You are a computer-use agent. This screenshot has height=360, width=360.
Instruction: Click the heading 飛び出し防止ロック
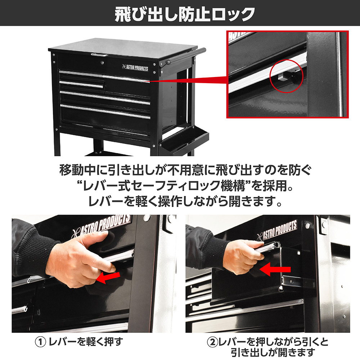(185, 14)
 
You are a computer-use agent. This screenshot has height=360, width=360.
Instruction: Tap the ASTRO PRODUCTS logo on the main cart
(135, 68)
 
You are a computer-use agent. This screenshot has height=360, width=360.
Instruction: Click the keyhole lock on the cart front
(102, 62)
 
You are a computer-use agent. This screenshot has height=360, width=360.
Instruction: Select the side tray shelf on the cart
(184, 141)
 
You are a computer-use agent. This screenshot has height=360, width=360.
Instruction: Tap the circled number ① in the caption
(40, 342)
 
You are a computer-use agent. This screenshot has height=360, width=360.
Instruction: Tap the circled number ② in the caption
(212, 342)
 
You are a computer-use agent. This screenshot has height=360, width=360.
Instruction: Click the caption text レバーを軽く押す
(86, 342)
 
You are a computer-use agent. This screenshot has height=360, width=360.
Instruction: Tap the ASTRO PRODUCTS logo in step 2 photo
(277, 230)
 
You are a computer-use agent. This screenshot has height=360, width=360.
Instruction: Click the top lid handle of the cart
(99, 55)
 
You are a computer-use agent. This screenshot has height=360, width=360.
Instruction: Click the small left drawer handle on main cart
(81, 84)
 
